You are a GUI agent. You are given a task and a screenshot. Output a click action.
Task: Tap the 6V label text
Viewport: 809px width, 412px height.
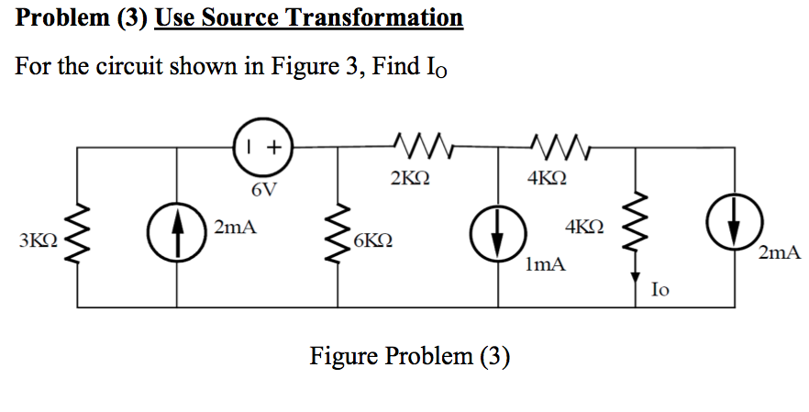pyautogui.click(x=263, y=191)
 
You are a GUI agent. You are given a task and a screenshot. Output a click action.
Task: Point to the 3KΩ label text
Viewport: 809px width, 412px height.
pyautogui.click(x=38, y=242)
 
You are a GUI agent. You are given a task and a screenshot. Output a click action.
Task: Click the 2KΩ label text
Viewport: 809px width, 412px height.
pyautogui.click(x=407, y=179)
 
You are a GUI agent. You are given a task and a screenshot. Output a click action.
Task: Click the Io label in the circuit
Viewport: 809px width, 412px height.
pyautogui.click(x=659, y=289)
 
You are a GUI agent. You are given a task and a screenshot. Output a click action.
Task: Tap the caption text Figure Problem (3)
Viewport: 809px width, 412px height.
pyautogui.click(x=409, y=355)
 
